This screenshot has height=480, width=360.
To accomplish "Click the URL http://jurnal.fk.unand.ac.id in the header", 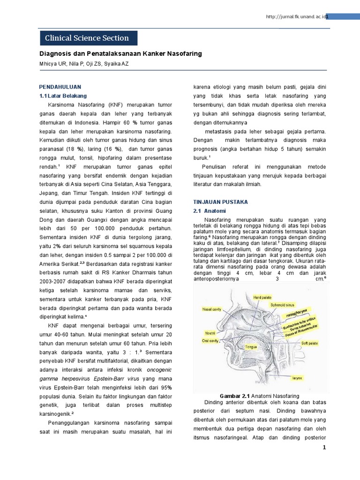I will (295, 17).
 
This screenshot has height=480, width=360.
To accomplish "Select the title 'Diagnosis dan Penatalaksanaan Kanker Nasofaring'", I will (120, 54).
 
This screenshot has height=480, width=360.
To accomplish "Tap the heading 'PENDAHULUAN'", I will (60, 87).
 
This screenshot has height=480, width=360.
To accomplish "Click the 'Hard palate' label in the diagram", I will (262, 297).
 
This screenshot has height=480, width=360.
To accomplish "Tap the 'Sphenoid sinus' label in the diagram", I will (284, 305).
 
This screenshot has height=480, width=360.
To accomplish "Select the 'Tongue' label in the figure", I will (252, 347).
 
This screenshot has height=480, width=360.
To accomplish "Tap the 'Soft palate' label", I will (309, 343).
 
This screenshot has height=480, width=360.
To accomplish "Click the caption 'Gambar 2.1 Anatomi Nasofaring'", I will (260, 396).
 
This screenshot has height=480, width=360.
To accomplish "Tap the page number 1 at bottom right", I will (323, 448).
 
